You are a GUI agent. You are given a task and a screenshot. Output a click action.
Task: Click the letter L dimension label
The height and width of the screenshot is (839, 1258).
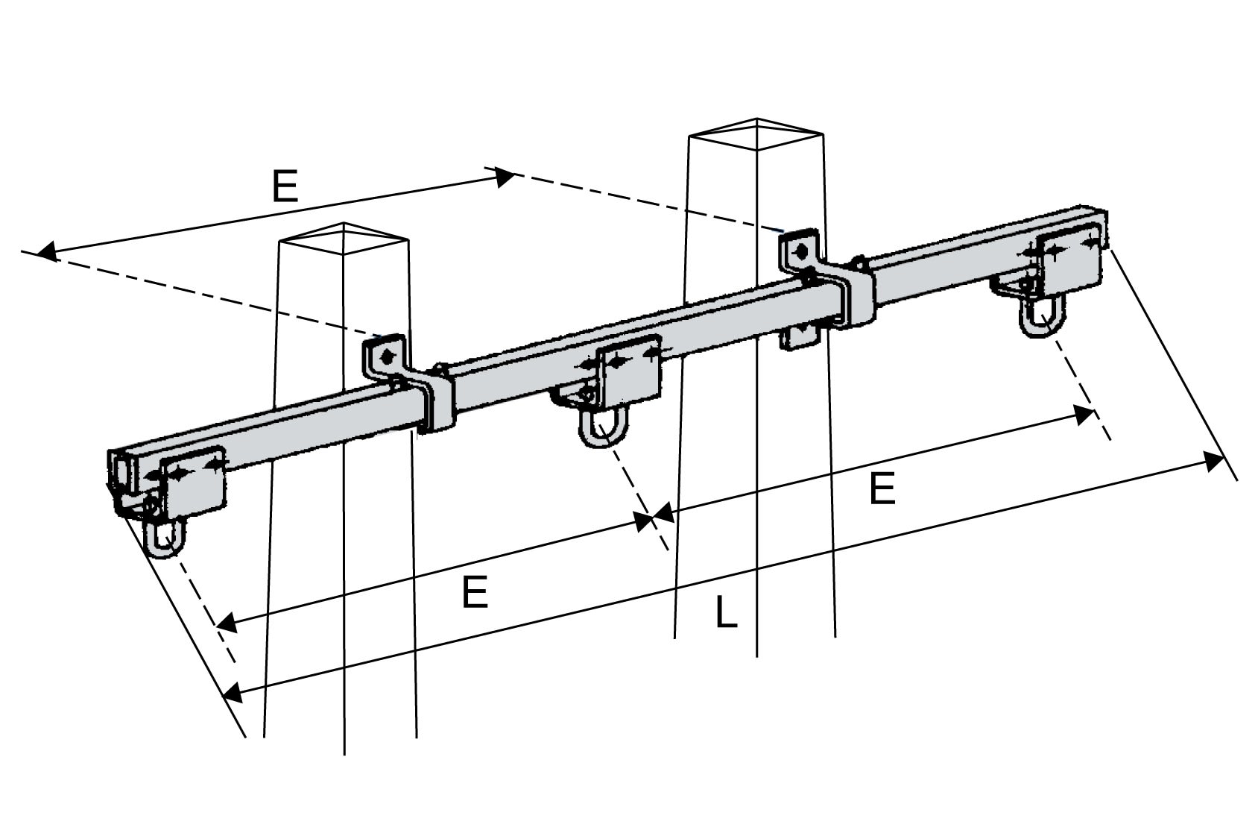pyautogui.click(x=726, y=613)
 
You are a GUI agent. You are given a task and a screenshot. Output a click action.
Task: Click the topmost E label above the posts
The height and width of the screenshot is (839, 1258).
pyautogui.click(x=285, y=186)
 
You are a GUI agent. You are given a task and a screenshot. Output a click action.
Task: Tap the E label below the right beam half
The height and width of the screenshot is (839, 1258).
pyautogui.click(x=882, y=491)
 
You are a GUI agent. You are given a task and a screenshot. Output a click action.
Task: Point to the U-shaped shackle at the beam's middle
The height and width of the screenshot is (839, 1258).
pyautogui.click(x=603, y=430)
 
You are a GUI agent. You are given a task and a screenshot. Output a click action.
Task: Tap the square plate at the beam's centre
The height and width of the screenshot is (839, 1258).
pyautogui.click(x=630, y=369)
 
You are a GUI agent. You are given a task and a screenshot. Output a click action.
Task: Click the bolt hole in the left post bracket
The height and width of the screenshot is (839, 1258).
pyautogui.click(x=386, y=357)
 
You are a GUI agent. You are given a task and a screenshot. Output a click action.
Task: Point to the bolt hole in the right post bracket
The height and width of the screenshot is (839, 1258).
pyautogui.click(x=800, y=251)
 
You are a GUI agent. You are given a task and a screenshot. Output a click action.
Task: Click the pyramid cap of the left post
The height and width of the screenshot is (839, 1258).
pyautogui.click(x=343, y=237)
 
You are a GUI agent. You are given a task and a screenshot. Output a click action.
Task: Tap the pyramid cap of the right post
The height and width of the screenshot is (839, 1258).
pyautogui.click(x=756, y=132)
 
